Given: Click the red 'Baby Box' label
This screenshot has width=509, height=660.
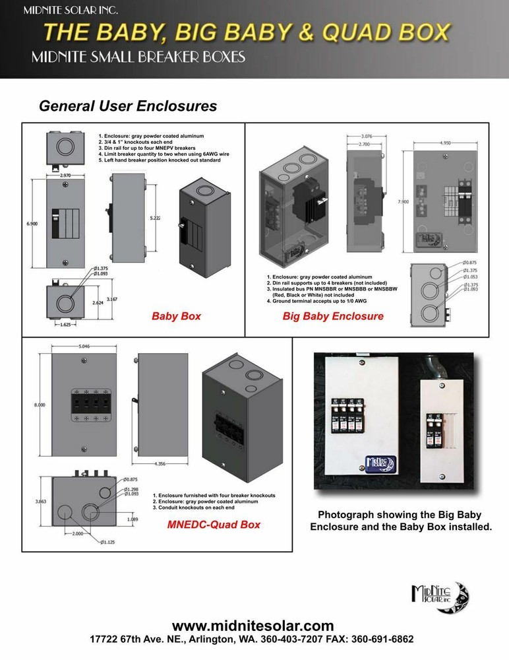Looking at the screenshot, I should click(x=176, y=316).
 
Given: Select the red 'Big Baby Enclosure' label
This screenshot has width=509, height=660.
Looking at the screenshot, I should click(x=333, y=316).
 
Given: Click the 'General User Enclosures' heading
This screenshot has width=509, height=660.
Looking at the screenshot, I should click(x=128, y=106).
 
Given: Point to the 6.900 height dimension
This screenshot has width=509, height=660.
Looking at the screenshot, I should click(x=31, y=225).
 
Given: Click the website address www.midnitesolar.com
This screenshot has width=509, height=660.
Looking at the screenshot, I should click(x=253, y=626).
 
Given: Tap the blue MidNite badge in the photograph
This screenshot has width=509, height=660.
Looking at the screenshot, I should click(x=375, y=463).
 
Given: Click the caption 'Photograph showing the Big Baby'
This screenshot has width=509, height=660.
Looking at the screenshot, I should click(x=400, y=515).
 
